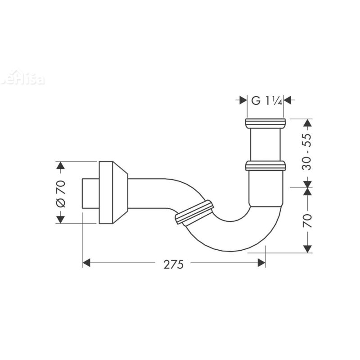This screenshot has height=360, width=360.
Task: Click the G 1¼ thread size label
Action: (x=266, y=101)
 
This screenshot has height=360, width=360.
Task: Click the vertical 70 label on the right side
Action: (x=307, y=220)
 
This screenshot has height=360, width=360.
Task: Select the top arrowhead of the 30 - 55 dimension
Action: (x=307, y=123)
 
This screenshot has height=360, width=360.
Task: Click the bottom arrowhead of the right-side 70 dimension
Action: (x=307, y=248)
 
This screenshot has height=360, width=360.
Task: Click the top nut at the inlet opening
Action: (x=265, y=124)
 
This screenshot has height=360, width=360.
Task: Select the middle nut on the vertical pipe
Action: (x=265, y=166)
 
